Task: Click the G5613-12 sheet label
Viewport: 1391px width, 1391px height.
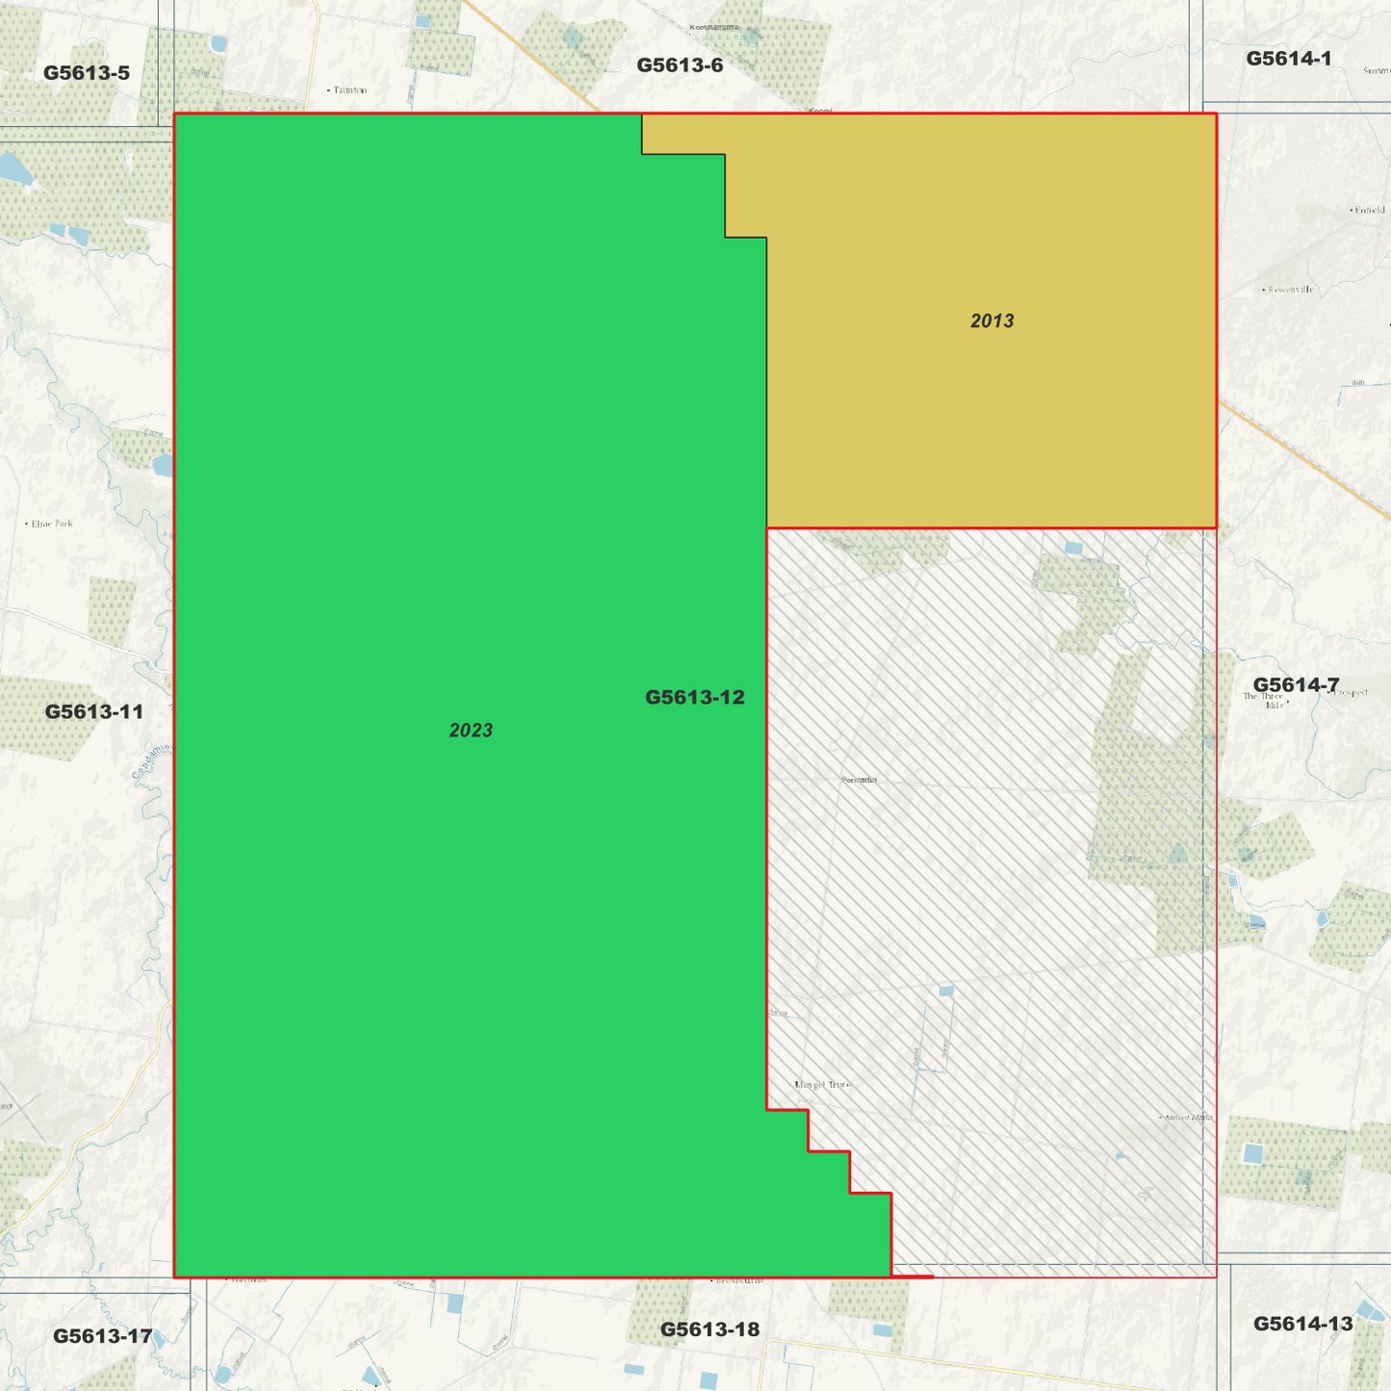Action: point(694,697)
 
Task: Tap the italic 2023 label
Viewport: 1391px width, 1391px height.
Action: point(471,731)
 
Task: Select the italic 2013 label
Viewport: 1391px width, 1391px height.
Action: point(992,322)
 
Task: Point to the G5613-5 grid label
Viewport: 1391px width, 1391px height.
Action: point(87,73)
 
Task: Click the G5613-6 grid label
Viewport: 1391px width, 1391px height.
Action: point(680,65)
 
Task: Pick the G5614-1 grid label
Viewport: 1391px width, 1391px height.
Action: point(1288,59)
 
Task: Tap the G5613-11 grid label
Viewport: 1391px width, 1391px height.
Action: point(94,712)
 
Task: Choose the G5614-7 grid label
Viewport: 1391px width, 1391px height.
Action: point(1296,684)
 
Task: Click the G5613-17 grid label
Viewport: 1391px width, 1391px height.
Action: point(102,1336)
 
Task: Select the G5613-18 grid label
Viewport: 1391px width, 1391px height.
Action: point(709,1329)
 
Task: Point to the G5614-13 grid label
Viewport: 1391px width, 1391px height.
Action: point(1302,1324)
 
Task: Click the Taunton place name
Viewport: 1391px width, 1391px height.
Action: point(349,90)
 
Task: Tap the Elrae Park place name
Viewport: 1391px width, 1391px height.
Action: point(52,524)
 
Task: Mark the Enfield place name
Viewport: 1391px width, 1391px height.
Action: point(1369,210)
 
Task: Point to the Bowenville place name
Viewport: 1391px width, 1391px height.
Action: point(1290,290)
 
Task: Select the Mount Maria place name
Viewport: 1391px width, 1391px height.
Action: point(1189,1118)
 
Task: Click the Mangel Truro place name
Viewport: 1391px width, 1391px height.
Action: point(823,1085)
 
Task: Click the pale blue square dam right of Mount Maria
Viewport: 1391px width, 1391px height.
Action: point(1251,1153)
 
